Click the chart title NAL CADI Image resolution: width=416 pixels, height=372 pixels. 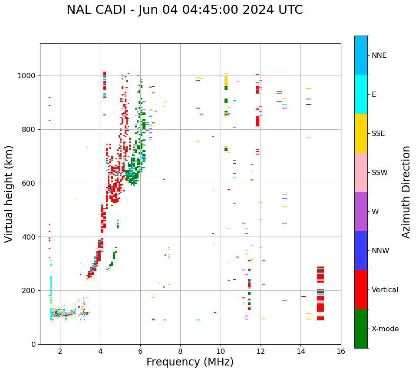click(x=185, y=10)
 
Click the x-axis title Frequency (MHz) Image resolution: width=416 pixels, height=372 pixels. click(x=190, y=362)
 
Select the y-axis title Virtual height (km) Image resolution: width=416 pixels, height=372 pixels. click(x=9, y=194)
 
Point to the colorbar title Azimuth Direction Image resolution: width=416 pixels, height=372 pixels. click(x=406, y=192)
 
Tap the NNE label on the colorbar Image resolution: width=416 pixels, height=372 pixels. click(x=379, y=56)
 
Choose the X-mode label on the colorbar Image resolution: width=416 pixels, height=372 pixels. click(x=385, y=329)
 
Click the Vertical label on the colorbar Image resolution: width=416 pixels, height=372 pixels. click(x=385, y=290)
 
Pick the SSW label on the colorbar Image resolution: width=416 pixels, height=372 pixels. click(x=380, y=173)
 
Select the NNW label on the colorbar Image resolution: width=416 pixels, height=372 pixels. click(x=380, y=251)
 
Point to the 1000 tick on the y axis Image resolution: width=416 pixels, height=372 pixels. click(x=28, y=76)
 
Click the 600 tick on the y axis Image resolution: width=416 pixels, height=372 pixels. click(x=30, y=183)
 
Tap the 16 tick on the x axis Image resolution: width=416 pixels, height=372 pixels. click(x=340, y=351)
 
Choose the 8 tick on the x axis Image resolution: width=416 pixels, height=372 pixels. click(x=180, y=351)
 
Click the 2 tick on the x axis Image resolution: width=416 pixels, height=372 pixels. click(x=60, y=351)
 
